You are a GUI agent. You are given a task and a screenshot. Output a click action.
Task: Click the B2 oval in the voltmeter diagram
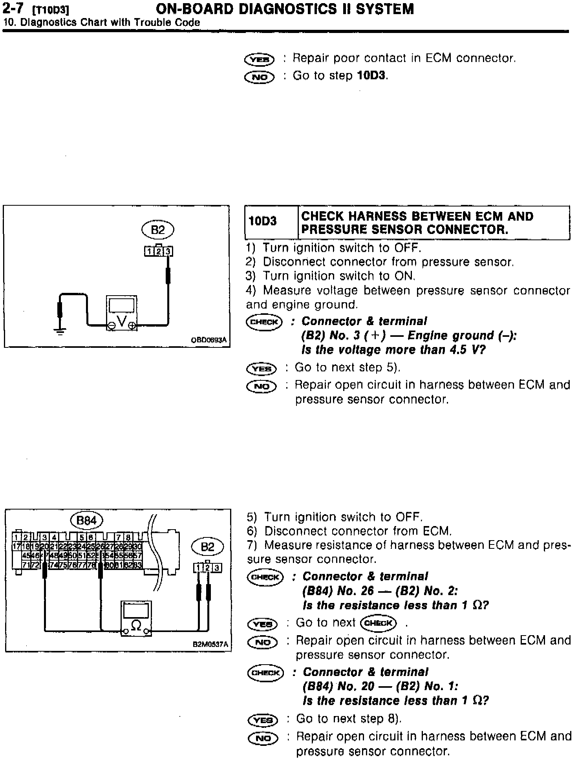[x=157, y=230]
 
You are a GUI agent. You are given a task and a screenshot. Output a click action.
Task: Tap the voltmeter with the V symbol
[x=122, y=313]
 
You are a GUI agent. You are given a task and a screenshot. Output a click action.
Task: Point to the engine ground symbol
[x=60, y=331]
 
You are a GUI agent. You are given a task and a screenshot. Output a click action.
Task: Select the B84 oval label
[x=86, y=521]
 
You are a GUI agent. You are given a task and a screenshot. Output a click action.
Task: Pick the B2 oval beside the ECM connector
[x=207, y=547]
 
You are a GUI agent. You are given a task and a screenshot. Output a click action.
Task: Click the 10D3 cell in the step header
[x=263, y=221]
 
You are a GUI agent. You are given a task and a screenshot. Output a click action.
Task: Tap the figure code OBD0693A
[x=209, y=340]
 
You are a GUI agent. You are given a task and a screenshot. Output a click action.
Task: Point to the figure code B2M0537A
[x=210, y=644]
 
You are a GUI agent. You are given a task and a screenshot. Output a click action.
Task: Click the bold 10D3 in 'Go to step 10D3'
[x=371, y=75]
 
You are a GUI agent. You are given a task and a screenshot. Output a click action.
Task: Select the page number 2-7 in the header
[x=14, y=9]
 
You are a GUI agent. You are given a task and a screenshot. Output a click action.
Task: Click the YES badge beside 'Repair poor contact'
[x=260, y=59]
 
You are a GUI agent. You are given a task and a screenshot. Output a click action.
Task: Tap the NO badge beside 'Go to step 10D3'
[x=260, y=77]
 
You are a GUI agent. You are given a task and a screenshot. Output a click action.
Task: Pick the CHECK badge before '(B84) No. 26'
[x=265, y=577]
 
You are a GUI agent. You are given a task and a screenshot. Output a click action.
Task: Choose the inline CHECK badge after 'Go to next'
[x=379, y=623]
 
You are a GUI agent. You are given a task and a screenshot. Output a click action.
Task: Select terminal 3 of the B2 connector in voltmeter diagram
[x=168, y=251]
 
